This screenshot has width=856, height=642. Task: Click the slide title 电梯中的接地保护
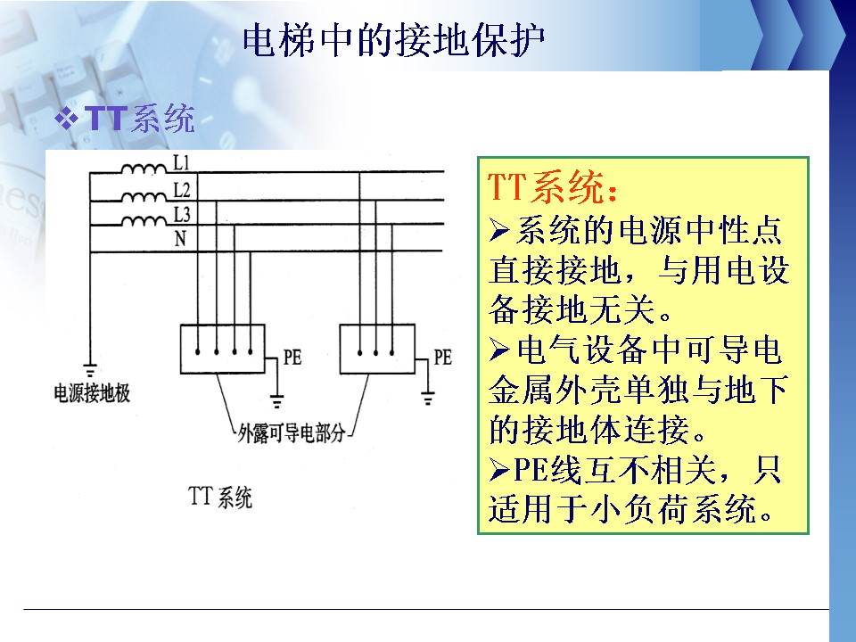click(393, 40)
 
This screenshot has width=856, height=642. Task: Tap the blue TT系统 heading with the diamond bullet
click(125, 118)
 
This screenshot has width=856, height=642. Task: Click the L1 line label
click(181, 162)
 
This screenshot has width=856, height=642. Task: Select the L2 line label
click(182, 189)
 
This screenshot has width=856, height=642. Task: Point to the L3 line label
click(182, 215)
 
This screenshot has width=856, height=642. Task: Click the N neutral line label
click(180, 239)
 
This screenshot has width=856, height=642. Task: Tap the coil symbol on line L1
click(144, 169)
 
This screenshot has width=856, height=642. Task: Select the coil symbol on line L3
click(144, 220)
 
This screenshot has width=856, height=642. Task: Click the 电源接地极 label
click(92, 393)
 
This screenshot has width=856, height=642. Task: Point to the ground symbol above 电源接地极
click(90, 369)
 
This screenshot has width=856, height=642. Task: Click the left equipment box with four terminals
click(223, 349)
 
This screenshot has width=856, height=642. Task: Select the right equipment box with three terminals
click(377, 349)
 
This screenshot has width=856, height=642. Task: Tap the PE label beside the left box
click(292, 358)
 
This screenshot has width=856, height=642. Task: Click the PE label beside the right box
click(443, 358)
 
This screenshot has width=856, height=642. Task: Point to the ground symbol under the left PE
click(277, 400)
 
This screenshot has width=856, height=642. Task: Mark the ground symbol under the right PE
click(428, 399)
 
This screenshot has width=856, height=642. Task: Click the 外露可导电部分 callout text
click(292, 434)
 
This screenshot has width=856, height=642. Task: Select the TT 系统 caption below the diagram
click(220, 497)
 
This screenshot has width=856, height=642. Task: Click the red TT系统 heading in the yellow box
click(553, 186)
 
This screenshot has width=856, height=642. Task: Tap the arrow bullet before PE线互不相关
click(499, 470)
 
